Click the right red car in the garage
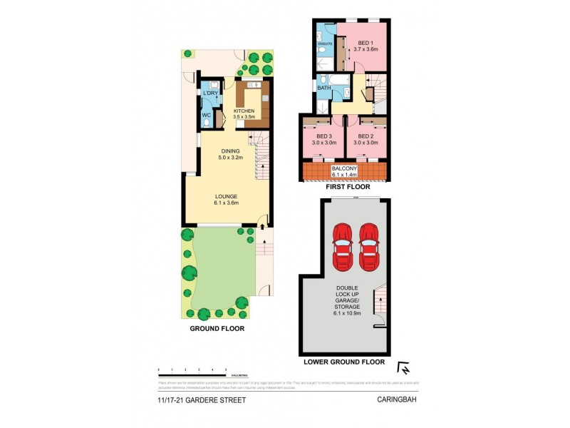(x=368, y=246)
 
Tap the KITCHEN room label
(x=244, y=111)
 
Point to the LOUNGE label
(x=227, y=196)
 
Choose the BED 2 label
(x=366, y=136)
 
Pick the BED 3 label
(x=323, y=136)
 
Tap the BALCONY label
(x=345, y=169)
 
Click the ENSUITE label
(x=325, y=44)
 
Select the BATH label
(x=323, y=88)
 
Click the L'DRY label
(x=209, y=94)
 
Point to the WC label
(x=206, y=115)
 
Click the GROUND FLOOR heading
(x=217, y=329)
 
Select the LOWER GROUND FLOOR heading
(x=344, y=362)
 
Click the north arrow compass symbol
(x=403, y=369)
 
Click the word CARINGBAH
(x=398, y=400)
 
